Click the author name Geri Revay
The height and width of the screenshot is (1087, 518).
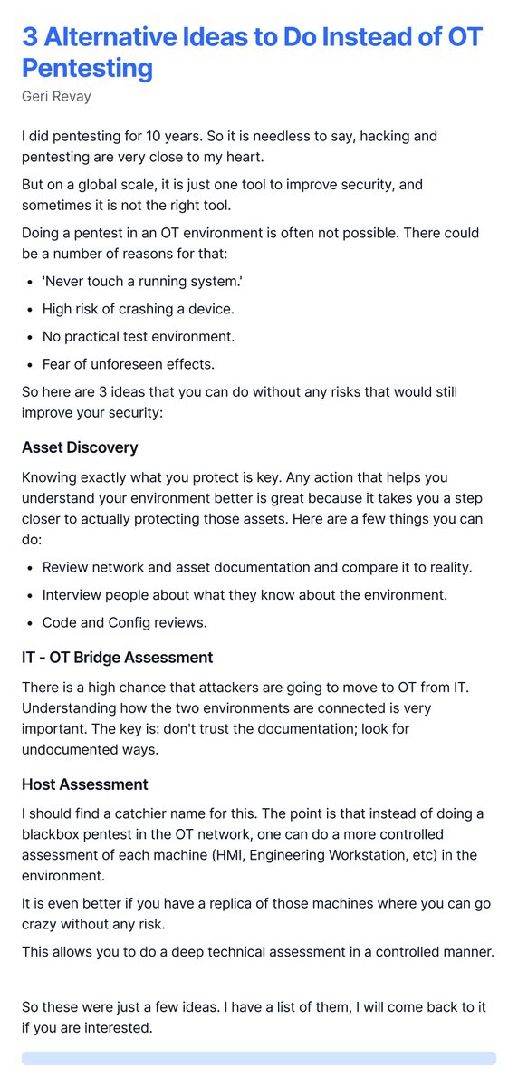[57, 95]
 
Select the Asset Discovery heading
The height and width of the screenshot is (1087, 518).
[80, 447]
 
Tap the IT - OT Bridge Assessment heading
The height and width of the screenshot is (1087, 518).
[117, 657]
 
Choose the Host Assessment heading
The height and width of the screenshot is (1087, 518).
[85, 784]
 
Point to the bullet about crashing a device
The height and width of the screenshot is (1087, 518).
[138, 309]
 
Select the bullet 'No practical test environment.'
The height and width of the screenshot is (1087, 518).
[138, 336]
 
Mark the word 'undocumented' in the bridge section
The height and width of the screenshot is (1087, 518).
[71, 748]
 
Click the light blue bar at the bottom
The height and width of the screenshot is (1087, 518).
[259, 1058]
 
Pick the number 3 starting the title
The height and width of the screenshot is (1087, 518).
[30, 38]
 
